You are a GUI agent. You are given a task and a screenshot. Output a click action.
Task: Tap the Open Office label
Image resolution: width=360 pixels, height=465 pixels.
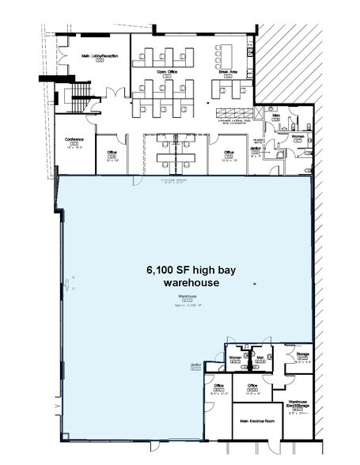coord(165,70)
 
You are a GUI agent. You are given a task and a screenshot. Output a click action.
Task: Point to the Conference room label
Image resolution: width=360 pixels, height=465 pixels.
coord(75,139)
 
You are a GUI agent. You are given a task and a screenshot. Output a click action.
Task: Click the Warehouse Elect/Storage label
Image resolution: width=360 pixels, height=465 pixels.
coord(297,403)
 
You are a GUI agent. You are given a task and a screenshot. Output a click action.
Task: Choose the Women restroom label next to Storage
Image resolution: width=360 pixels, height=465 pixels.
coord(235,357)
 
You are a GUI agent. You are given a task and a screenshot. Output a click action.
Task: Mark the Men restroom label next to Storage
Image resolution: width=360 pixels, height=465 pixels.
coord(260,357)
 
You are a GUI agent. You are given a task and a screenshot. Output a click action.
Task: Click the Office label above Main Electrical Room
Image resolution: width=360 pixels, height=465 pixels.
coord(253,386)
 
